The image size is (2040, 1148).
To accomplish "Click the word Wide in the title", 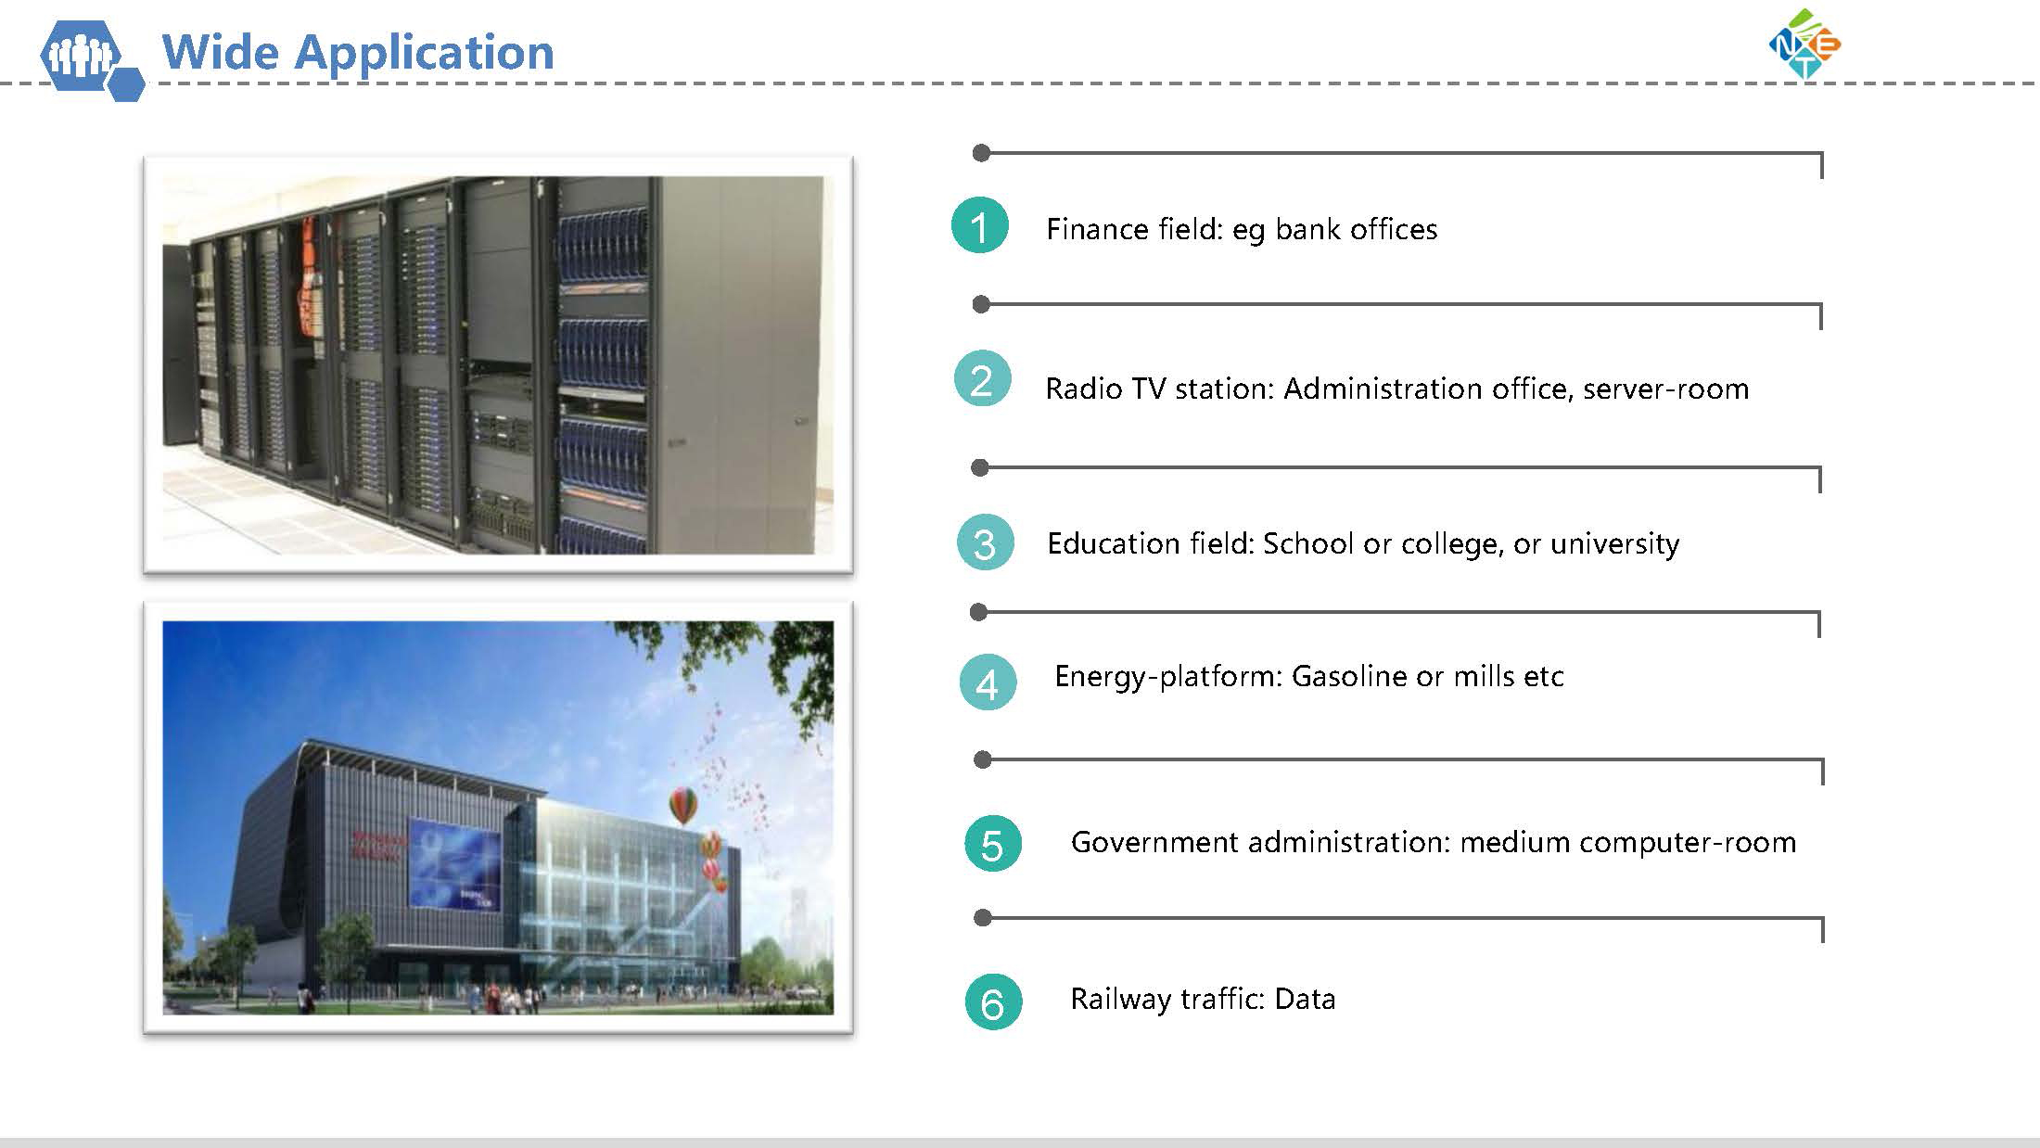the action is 220,52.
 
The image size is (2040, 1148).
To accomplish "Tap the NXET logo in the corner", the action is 1804,44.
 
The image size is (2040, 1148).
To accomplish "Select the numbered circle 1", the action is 980,225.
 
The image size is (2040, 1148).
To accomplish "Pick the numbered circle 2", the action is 982,379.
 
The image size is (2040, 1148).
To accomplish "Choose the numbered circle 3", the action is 985,542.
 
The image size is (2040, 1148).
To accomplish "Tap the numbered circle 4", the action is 988,682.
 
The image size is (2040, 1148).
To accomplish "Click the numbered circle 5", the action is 992,844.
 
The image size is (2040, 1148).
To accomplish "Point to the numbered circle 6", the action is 993,1002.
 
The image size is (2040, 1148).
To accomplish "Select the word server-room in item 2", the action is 1665,389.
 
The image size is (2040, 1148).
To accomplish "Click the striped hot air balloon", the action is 683,805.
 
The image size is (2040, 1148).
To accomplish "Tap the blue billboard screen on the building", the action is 455,863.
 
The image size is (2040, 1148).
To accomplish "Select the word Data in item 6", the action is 1306,999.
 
